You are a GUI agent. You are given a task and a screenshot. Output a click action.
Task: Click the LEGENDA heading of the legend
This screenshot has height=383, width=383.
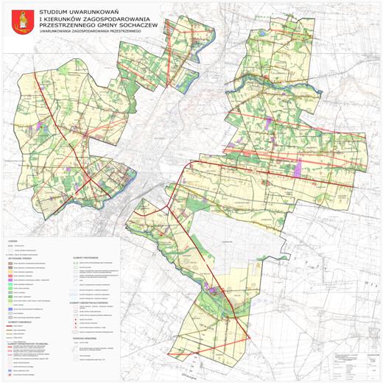pos(13,241)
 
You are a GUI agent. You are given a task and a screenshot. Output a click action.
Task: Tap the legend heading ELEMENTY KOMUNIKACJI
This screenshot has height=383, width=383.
pos(21,302)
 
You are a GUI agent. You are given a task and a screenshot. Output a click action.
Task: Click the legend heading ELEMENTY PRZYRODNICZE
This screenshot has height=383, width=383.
pos(87,248)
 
